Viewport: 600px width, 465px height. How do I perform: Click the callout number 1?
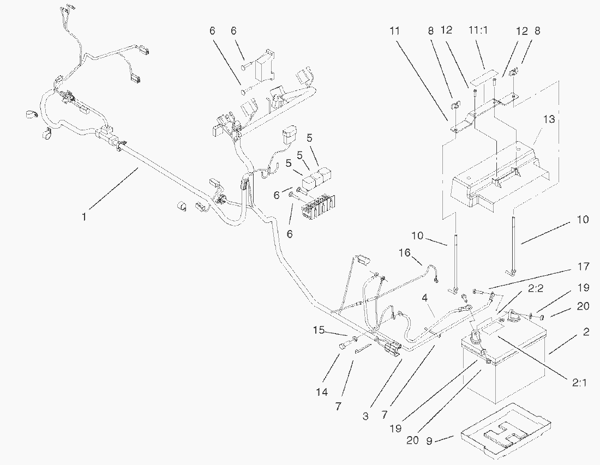pos(84,217)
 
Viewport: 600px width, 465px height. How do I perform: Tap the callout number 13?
pos(549,120)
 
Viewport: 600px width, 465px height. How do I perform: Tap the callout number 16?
pos(404,253)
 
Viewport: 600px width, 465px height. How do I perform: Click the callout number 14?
pos(322,392)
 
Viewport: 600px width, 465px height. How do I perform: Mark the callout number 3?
pos(365,417)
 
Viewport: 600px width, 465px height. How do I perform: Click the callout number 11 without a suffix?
pos(395,31)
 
